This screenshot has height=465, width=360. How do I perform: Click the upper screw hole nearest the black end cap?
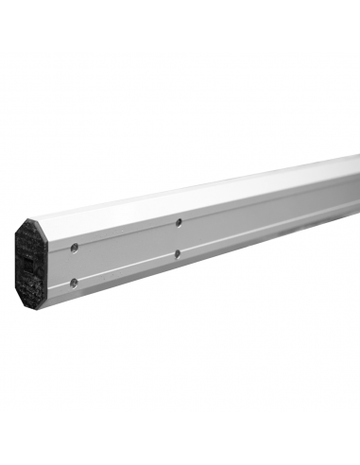(x=75, y=248)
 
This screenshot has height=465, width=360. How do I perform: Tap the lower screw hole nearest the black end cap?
(x=73, y=282)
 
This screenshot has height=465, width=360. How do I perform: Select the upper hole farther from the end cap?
(x=179, y=222)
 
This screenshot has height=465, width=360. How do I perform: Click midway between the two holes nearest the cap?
(x=74, y=265)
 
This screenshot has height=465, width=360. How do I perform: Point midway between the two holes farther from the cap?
(x=179, y=238)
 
